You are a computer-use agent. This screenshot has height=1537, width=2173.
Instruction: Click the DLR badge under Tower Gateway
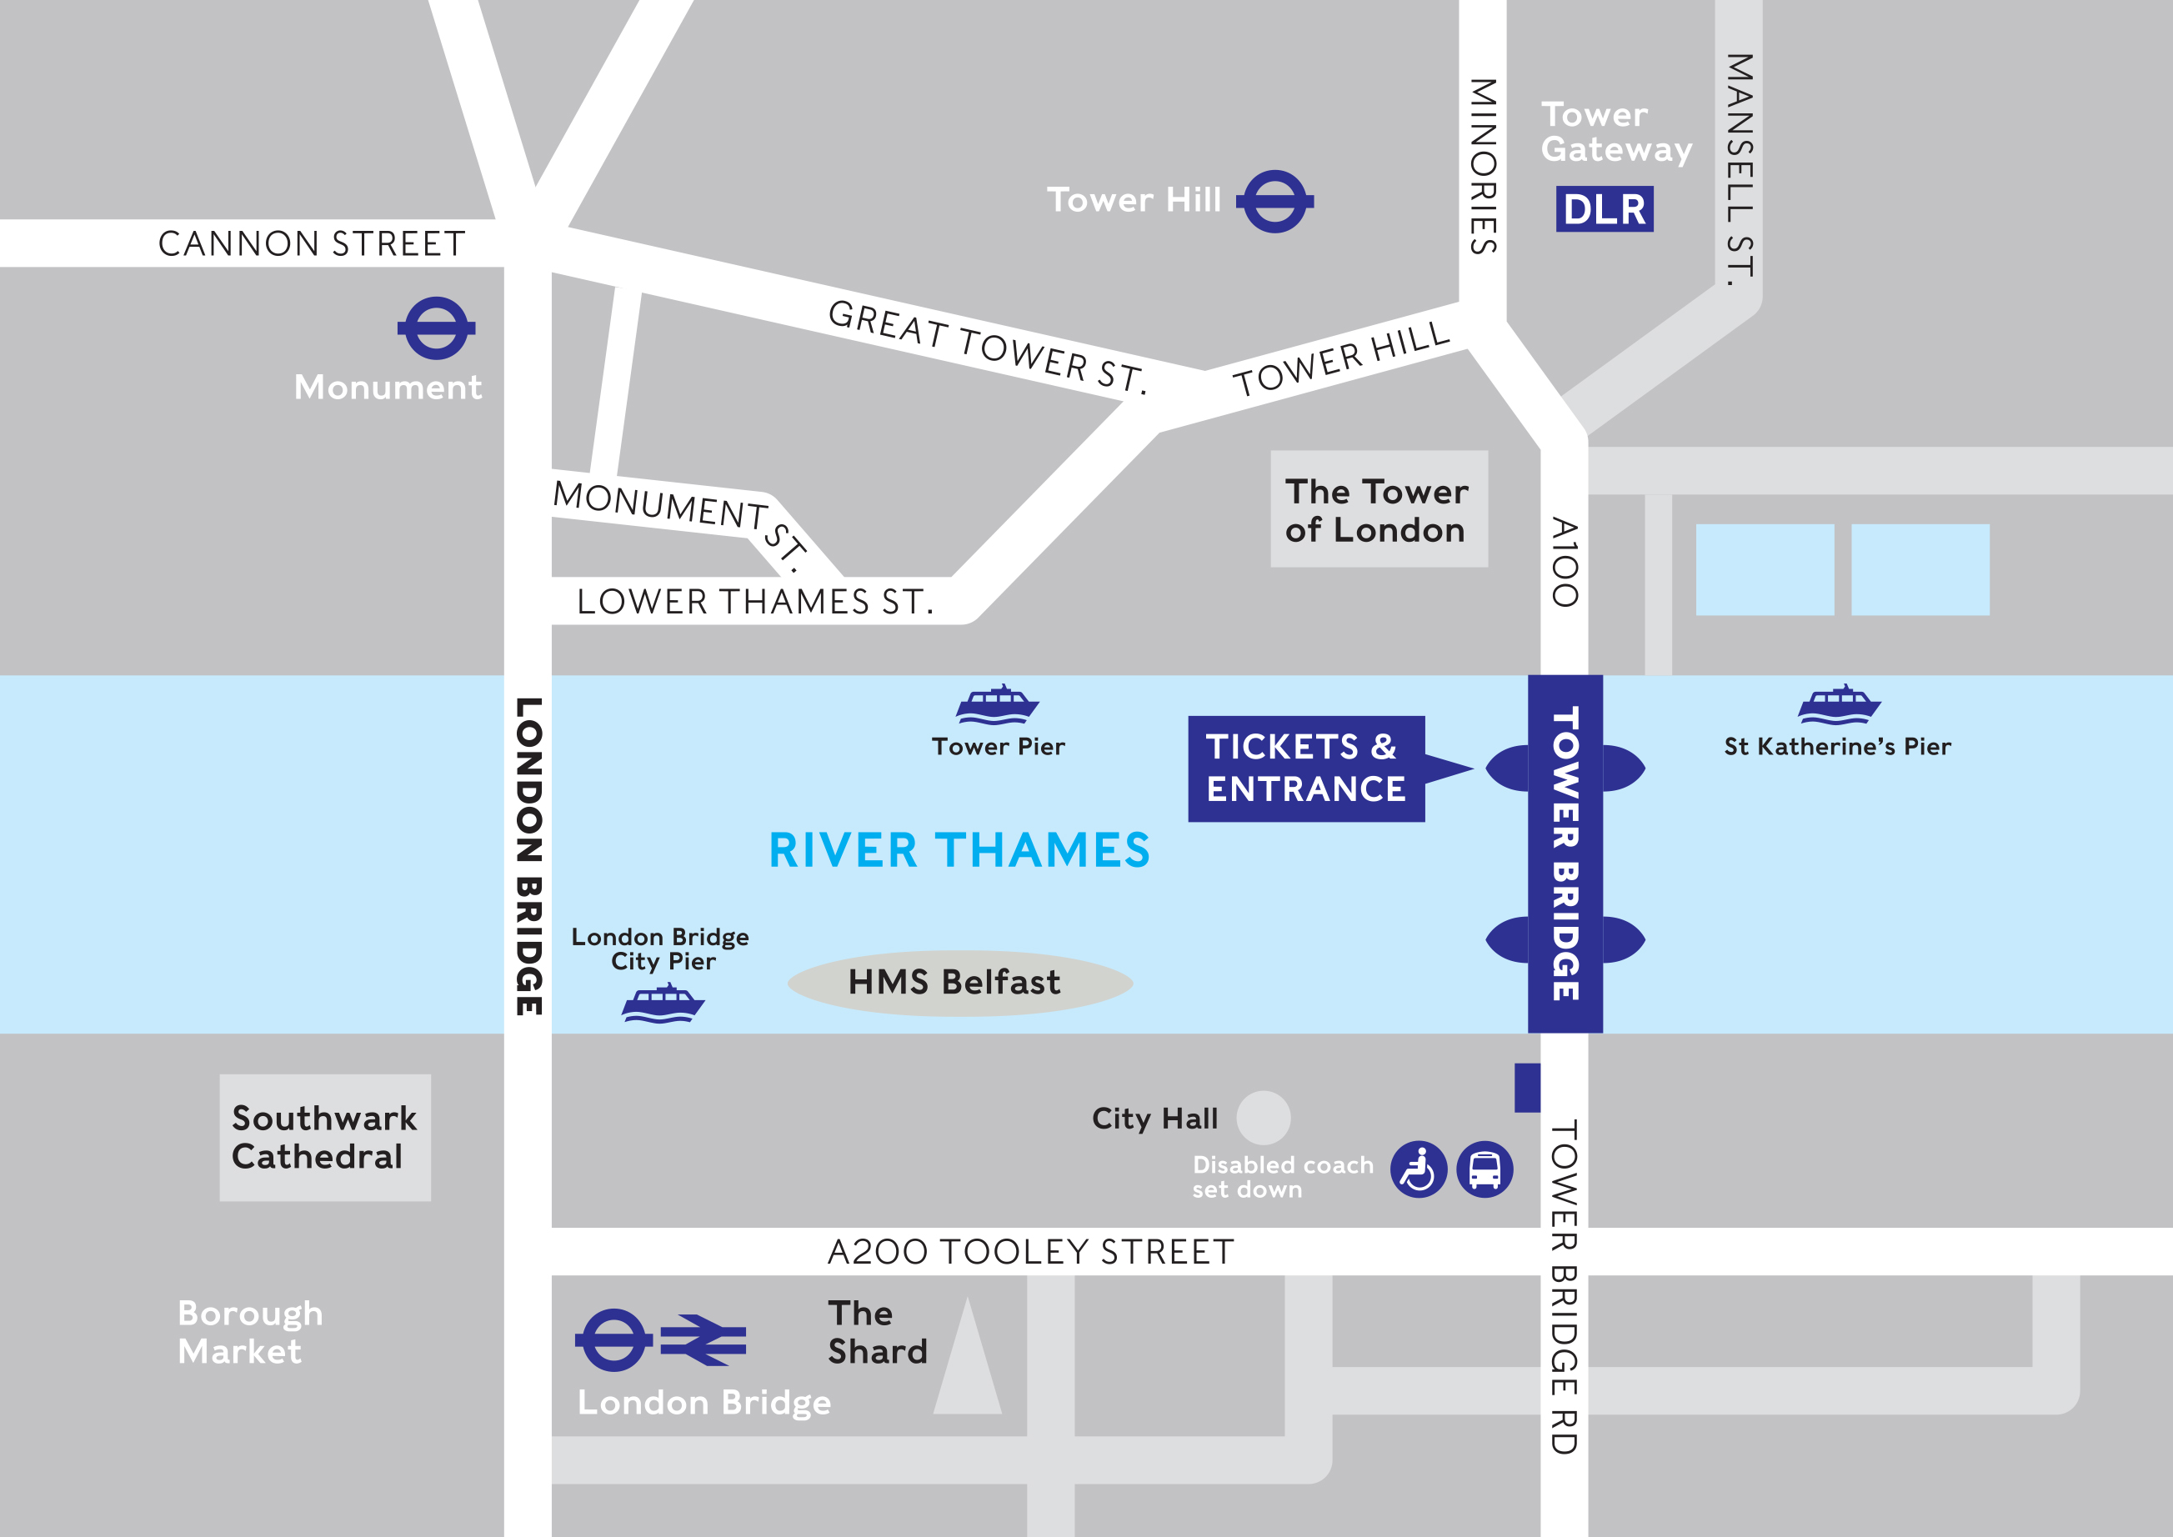(1605, 209)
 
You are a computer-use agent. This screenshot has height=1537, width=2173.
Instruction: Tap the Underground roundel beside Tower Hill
(1274, 201)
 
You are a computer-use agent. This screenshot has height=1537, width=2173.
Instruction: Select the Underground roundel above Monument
(436, 328)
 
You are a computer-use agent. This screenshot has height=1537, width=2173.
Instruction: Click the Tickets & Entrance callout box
(1306, 768)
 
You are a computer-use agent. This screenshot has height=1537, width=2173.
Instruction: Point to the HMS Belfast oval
(959, 984)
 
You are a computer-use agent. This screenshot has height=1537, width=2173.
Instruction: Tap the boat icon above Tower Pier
(997, 706)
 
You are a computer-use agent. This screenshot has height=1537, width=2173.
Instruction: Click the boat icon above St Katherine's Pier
(1839, 706)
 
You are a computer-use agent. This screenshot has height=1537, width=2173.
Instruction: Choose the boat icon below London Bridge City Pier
(663, 1004)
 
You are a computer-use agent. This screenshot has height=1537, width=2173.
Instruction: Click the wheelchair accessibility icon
(1418, 1169)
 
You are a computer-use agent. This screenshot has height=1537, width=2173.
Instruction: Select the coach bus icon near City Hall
(1484, 1169)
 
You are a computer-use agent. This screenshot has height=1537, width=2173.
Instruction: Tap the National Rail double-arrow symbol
(703, 1340)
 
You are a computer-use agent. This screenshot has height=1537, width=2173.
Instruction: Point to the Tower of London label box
(1378, 509)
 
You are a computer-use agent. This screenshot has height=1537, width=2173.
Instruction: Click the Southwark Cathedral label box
(324, 1137)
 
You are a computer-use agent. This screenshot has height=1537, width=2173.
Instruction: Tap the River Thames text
(959, 850)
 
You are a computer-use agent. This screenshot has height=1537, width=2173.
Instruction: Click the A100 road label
(1564, 562)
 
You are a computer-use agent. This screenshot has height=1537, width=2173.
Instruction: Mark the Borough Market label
(250, 1332)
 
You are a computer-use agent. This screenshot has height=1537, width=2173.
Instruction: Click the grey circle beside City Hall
(1263, 1118)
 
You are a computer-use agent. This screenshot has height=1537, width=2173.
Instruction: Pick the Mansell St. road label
(1740, 170)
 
